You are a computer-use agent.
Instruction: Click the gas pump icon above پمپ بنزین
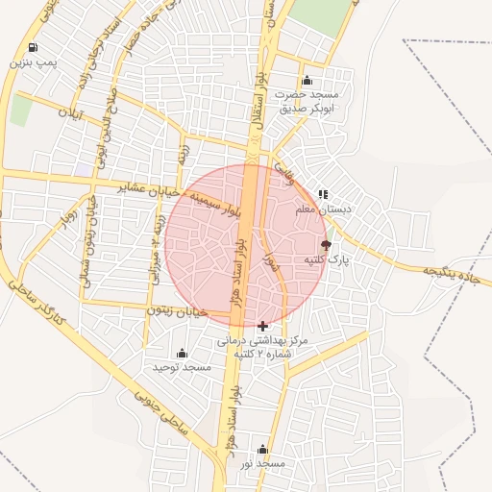click(34, 48)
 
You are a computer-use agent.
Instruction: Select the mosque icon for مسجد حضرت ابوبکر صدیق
click(307, 80)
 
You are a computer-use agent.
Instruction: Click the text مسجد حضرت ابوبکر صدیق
click(306, 101)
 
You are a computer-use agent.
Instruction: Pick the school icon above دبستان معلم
click(323, 193)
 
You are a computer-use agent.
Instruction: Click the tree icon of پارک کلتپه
click(326, 245)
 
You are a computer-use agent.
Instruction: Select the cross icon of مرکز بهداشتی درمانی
click(262, 326)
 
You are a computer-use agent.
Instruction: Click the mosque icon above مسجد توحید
click(182, 353)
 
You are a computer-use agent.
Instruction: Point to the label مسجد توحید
click(182, 367)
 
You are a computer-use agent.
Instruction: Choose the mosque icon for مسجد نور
click(262, 449)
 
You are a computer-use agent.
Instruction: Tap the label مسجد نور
click(262, 464)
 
